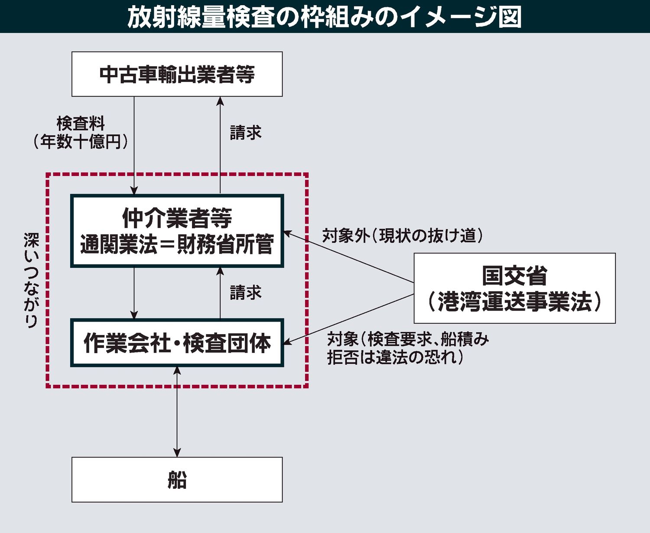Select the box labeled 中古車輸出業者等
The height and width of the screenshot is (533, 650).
coord(177,74)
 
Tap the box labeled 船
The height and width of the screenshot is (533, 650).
coord(177,480)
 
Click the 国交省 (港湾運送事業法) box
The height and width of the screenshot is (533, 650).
coord(514,288)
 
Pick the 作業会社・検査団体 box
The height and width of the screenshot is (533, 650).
coord(177,343)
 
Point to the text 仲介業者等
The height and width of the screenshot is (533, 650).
coord(177,218)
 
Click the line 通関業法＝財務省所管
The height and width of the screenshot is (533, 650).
coord(177,244)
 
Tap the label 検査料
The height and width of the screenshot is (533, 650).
coord(81,124)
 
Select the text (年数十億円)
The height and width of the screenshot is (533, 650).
coord(81,142)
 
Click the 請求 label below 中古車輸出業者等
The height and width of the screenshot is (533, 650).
coord(245,133)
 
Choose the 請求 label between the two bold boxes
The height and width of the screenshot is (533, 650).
coord(245,293)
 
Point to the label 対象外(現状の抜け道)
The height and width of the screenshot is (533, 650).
coord(402,236)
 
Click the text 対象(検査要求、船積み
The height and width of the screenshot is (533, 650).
coord(407,339)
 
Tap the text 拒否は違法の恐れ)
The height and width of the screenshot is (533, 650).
coord(395,357)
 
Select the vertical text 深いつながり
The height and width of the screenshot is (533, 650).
coord(31,280)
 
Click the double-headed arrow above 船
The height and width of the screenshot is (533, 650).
coord(177,412)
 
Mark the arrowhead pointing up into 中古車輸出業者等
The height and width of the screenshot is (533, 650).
coord(220,101)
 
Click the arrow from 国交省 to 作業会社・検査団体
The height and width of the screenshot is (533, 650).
coord(349,319)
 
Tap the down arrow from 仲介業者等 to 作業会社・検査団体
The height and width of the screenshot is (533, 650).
coord(134,293)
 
